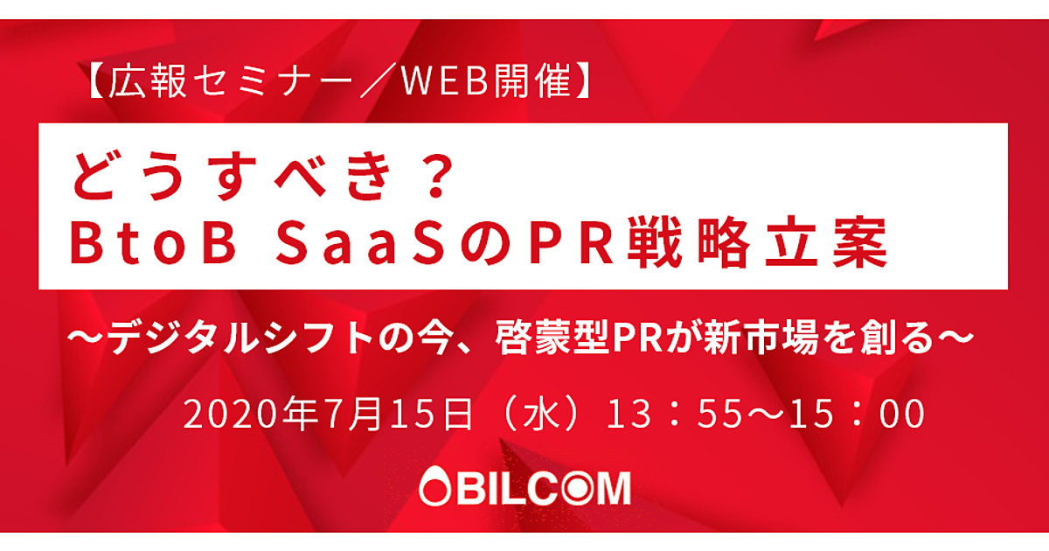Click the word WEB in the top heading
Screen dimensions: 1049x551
pos(445,81)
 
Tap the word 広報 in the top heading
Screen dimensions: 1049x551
pos(148,81)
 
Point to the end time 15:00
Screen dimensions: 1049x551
pos(857,415)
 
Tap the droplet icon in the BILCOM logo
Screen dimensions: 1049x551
pos(434,486)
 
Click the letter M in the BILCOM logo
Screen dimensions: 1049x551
pos(611,488)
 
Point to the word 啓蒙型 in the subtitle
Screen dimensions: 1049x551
pos(552,338)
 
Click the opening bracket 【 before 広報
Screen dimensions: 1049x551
pos(97,81)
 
